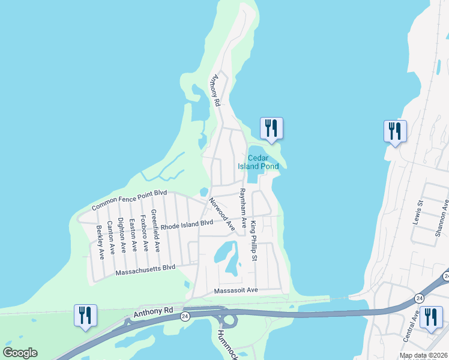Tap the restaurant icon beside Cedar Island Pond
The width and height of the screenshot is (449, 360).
271,128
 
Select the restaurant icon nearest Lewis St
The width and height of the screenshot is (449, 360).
395,131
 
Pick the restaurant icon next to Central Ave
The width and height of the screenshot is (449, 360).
430,317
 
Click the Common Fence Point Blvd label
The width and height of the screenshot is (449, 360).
128,200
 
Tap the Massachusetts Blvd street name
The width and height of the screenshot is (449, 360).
145,269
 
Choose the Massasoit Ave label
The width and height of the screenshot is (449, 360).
235,290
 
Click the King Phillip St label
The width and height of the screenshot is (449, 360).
254,241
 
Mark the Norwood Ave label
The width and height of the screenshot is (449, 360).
221,214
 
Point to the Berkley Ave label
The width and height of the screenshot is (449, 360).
101,241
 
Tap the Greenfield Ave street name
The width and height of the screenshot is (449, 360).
155,230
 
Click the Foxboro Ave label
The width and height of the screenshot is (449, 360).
144,232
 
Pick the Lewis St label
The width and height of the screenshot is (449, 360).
418,212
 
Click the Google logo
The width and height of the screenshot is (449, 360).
20,353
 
